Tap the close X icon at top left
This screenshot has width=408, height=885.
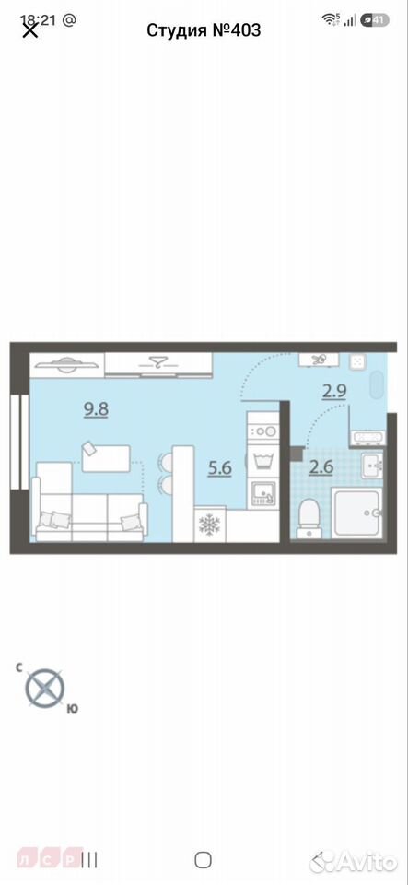29,29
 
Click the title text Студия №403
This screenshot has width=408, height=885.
204,29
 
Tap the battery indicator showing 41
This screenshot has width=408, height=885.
375,19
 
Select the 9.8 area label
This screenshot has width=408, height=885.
96,409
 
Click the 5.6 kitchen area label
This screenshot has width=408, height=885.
220,468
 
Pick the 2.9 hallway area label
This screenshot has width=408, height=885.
334,391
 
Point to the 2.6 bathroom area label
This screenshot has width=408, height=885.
321,467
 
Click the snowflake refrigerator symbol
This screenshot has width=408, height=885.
210,525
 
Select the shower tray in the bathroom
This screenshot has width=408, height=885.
357,513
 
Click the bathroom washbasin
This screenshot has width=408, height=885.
371,465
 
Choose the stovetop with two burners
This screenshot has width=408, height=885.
263,431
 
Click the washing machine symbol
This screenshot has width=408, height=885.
263,462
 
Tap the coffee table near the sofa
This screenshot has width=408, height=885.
106,458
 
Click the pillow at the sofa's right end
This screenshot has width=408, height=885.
130,522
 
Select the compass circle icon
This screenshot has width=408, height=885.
44,688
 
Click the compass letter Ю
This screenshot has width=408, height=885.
72,709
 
